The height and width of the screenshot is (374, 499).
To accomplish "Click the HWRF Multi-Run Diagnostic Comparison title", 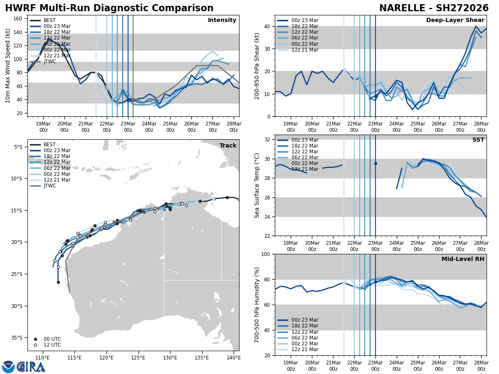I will (x=109, y=8).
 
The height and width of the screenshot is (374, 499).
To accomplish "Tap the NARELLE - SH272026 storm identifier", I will (x=434, y=8).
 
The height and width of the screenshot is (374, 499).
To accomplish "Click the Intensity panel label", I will (x=222, y=20).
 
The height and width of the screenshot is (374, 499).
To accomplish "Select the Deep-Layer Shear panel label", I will (x=455, y=20).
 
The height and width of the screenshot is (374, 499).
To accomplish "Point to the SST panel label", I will (x=478, y=140).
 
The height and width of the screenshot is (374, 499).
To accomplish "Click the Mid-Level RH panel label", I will (x=463, y=259).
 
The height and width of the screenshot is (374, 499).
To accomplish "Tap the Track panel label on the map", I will (x=228, y=146).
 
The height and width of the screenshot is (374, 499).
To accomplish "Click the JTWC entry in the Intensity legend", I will (x=51, y=62).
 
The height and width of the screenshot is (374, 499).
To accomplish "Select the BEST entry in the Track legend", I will (x=49, y=145).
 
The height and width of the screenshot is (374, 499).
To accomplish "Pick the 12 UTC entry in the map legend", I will (x=52, y=345).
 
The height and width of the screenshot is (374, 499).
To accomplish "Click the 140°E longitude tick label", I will (x=233, y=357).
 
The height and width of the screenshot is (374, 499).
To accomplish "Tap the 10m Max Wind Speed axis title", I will (x=7, y=66).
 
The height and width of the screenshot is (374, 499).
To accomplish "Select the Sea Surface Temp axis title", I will (x=257, y=185).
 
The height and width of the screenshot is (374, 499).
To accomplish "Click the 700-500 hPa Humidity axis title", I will (x=257, y=305).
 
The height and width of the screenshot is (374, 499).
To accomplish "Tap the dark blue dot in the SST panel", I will (x=375, y=164).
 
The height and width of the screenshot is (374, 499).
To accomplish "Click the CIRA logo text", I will (x=31, y=367).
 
